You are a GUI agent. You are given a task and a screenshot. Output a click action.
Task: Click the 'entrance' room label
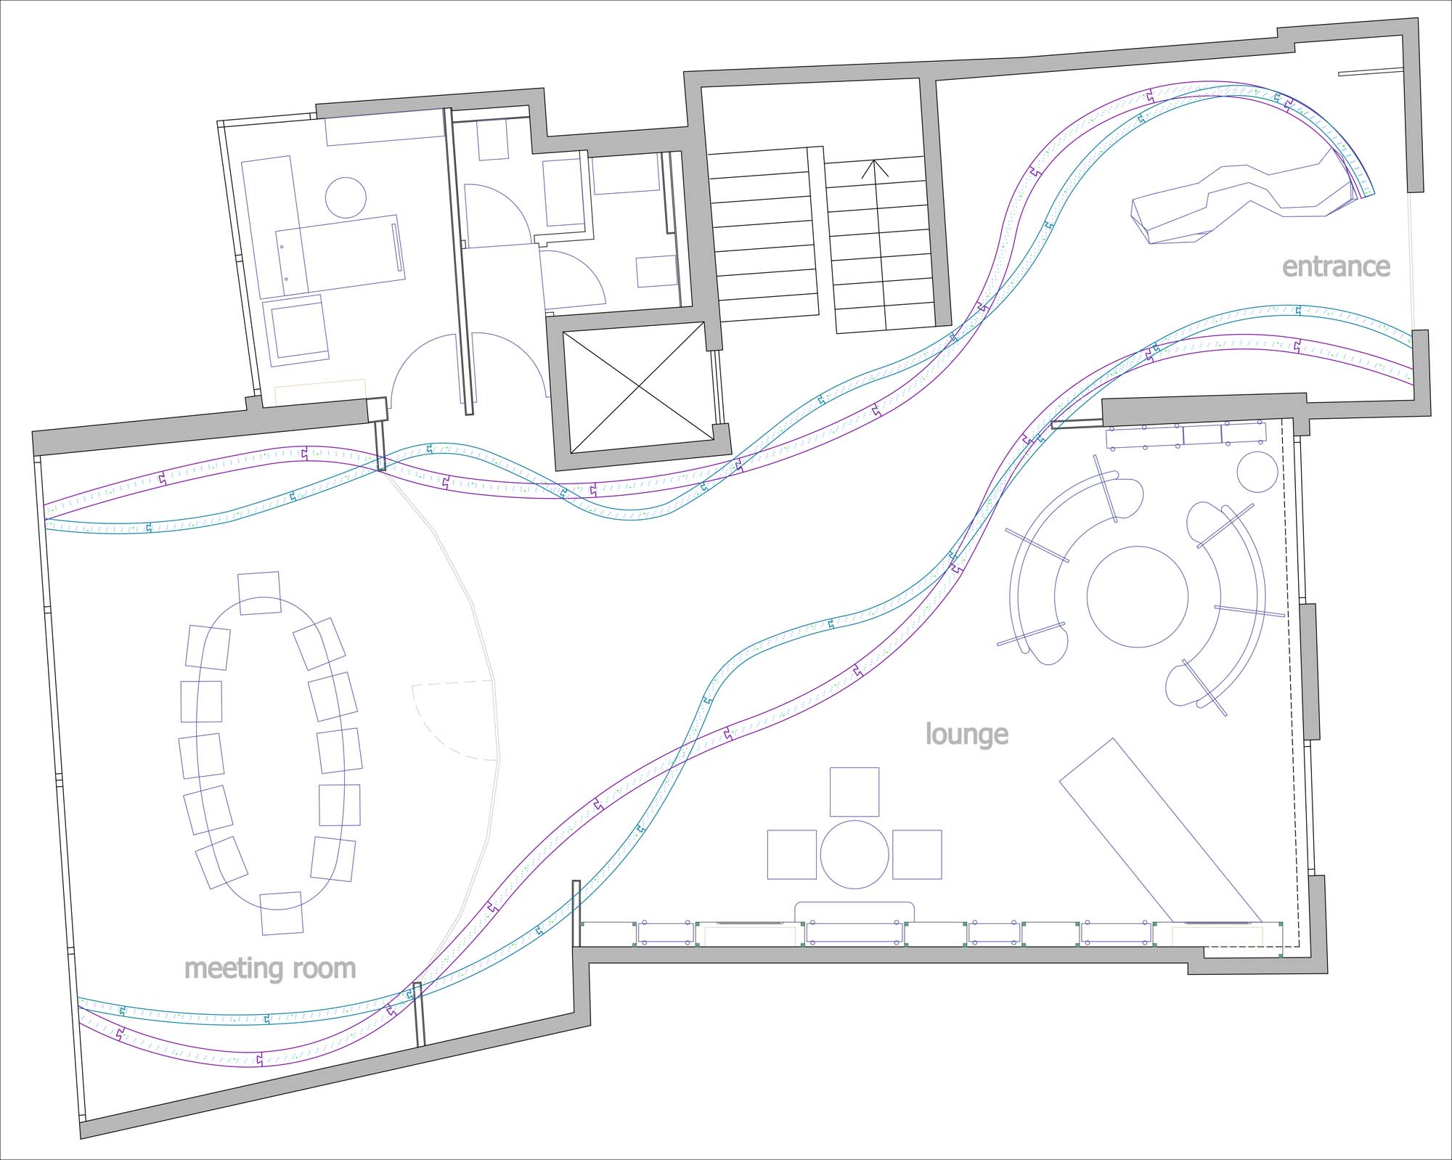[1336, 267]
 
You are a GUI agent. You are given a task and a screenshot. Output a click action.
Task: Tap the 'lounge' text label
[966, 735]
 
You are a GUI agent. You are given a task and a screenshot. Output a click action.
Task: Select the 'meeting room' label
[270, 968]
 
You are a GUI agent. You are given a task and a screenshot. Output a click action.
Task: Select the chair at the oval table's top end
[259, 593]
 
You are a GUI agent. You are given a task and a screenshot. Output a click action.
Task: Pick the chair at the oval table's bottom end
[281, 912]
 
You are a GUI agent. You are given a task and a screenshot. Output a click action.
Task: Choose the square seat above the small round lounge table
[855, 792]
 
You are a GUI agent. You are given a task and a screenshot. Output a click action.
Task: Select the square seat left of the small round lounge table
[793, 854]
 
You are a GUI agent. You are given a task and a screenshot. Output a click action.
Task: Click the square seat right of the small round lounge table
[917, 854]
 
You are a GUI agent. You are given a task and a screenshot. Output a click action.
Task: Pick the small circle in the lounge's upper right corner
[1257, 472]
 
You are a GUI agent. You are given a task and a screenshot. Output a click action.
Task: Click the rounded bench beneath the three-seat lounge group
[855, 912]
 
